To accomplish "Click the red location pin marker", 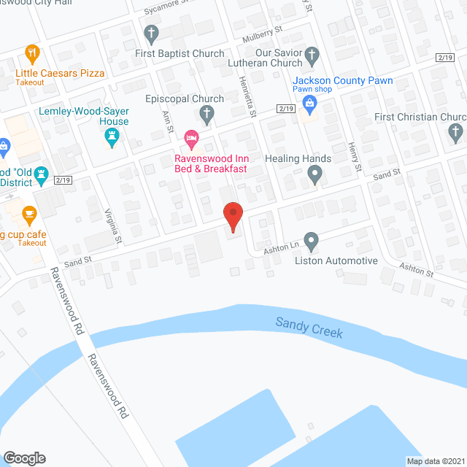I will pos(232,215).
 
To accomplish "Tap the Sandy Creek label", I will pos(309,327).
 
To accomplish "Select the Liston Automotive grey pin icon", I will pos(312,240).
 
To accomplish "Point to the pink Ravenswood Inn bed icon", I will pos(191,136).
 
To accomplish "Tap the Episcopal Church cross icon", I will pos(207,115).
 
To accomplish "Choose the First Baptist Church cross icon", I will pos(152,34).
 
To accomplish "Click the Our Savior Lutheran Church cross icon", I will pos(312,54).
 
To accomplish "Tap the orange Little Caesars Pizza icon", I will pos(31,53).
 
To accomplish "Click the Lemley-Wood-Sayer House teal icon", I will pos(112,136).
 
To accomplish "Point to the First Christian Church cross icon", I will pos(456,132).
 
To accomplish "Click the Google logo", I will pos(24,458).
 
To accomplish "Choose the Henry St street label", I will pos(355,157).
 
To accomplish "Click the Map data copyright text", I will pos(435,460).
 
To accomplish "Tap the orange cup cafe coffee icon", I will pos(29,214).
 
